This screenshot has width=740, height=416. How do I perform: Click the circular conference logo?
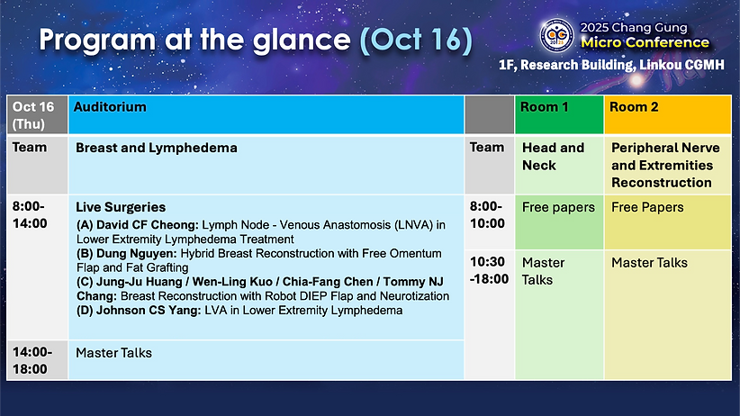[557, 35]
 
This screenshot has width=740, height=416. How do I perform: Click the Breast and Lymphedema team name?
[157, 148]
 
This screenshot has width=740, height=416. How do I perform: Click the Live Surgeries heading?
[121, 207]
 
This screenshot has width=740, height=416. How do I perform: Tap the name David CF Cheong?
[148, 225]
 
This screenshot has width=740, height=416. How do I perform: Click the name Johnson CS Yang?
[149, 311]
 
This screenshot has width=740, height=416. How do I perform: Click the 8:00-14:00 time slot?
[30, 215]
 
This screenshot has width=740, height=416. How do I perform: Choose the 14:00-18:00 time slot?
[32, 361]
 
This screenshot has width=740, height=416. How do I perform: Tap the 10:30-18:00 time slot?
[489, 270]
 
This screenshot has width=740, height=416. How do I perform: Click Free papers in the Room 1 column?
[558, 207]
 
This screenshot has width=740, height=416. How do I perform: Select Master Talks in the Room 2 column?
[649, 263]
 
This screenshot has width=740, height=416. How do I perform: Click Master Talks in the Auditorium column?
[113, 353]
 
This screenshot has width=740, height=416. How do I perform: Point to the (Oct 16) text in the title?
[416, 40]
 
